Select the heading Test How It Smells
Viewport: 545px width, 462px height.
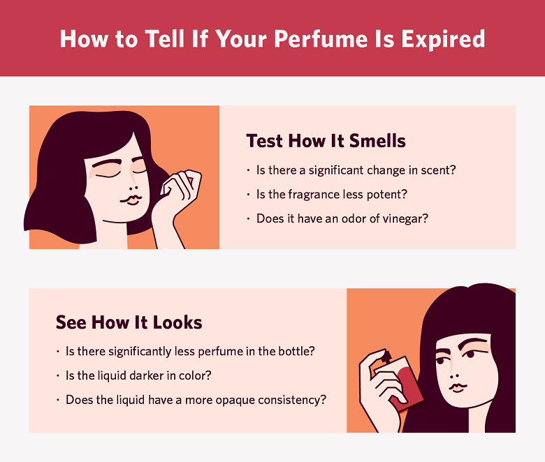pyautogui.click(x=326, y=141)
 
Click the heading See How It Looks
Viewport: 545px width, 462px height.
pyautogui.click(x=129, y=322)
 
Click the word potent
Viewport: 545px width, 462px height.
pyautogui.click(x=389, y=194)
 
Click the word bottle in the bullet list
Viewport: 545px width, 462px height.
pyautogui.click(x=297, y=351)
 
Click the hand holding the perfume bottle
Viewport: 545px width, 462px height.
pyautogui.click(x=377, y=387)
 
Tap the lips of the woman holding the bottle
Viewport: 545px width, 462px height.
pyautogui.click(x=458, y=386)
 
